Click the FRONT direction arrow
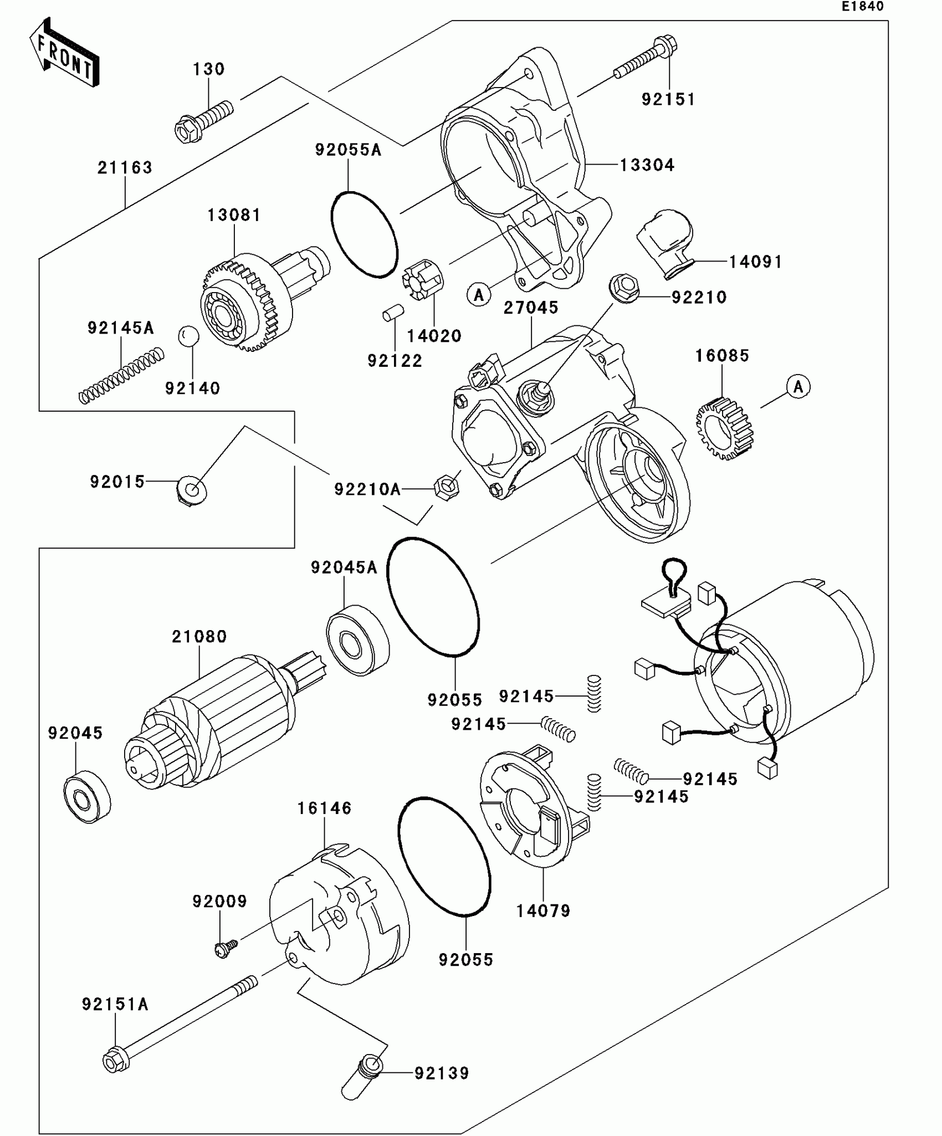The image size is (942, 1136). pyautogui.click(x=64, y=52)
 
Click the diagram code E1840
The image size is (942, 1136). pyautogui.click(x=863, y=7)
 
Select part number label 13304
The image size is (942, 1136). pyautogui.click(x=647, y=165)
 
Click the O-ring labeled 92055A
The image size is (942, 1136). pyautogui.click(x=364, y=234)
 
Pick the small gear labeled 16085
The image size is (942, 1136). pyautogui.click(x=725, y=429)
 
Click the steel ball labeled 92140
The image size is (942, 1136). pyautogui.click(x=188, y=336)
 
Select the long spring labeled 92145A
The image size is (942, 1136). pyautogui.click(x=121, y=375)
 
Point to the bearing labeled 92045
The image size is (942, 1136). pyautogui.click(x=88, y=797)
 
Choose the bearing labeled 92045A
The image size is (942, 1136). pyautogui.click(x=357, y=643)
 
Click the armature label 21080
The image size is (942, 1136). pyautogui.click(x=199, y=636)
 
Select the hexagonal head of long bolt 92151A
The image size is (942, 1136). pyautogui.click(x=116, y=1061)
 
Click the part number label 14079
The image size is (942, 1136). pyautogui.click(x=543, y=910)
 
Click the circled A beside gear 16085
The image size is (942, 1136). pyautogui.click(x=798, y=386)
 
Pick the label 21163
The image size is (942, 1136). pyautogui.click(x=125, y=167)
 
